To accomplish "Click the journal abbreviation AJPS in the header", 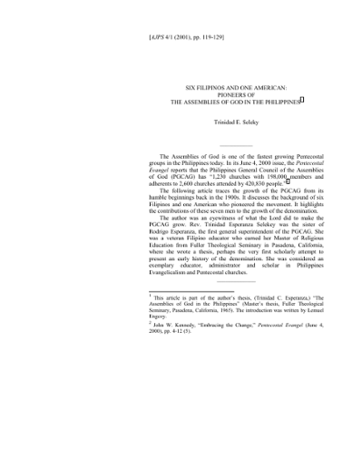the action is coord(157,40).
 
